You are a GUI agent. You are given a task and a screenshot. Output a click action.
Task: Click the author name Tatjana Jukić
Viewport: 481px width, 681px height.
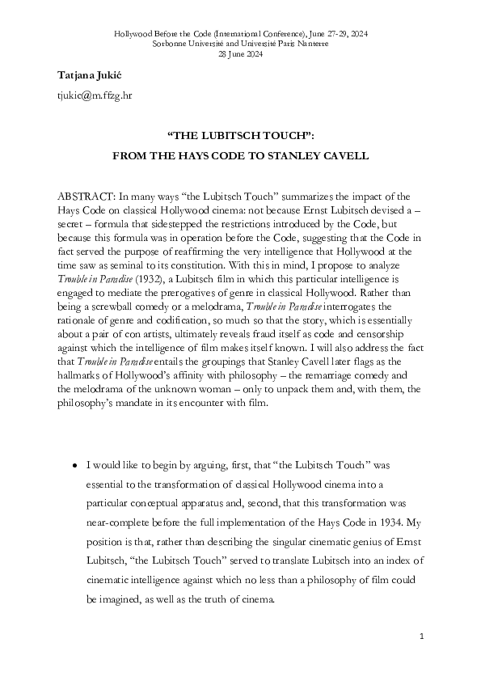coord(88,75)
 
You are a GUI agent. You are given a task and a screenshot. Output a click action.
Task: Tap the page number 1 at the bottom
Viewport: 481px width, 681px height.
coord(421,638)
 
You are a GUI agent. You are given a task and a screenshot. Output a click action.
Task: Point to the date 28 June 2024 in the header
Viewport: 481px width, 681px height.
coord(240,54)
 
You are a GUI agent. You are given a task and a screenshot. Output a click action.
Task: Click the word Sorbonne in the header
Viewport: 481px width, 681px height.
coord(172,44)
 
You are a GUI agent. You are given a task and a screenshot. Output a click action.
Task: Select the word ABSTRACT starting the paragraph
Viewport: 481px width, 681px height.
coord(86,197)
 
